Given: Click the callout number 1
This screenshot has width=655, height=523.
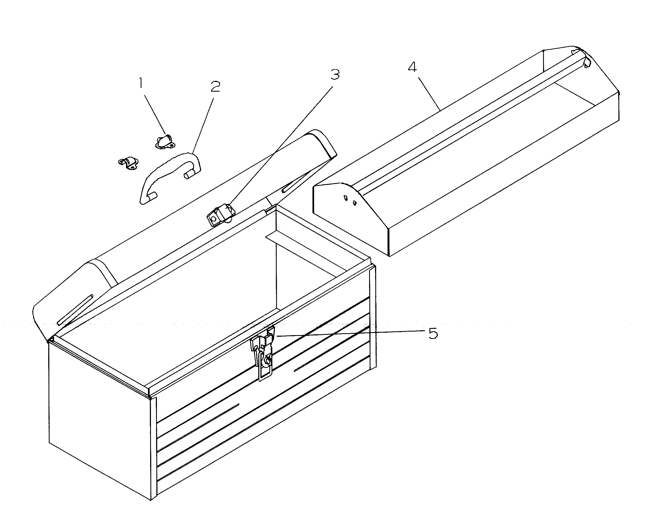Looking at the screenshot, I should click(140, 83).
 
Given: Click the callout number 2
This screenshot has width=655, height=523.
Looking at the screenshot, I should click(215, 87).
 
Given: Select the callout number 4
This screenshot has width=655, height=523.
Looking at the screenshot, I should click(412, 67).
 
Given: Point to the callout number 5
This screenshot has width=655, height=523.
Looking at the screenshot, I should click(433, 334).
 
